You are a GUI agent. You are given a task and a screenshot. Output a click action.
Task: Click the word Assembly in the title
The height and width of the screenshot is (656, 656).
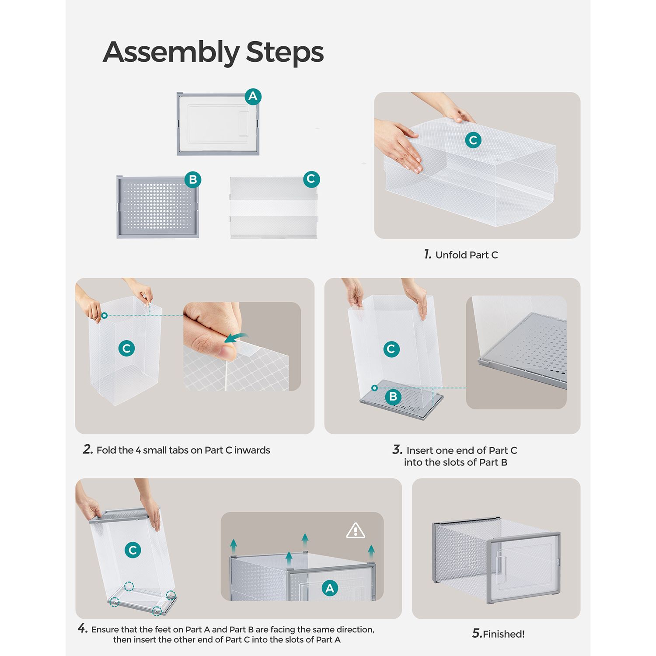coord(171,52)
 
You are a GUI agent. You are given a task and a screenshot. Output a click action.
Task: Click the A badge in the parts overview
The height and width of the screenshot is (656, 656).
coord(253,96)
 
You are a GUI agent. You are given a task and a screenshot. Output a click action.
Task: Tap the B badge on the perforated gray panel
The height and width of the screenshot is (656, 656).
coord(193,179)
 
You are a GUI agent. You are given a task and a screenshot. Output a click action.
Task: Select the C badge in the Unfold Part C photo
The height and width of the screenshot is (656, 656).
coord(473,140)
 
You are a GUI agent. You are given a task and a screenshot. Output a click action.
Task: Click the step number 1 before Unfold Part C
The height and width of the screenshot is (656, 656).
coord(428,254)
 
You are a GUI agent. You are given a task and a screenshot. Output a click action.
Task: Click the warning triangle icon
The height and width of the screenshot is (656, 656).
coord(356,530)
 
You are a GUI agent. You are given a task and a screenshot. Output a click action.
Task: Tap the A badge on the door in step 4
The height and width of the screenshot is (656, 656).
coord(330,588)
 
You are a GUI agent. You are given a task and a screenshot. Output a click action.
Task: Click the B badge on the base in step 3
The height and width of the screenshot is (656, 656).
coord(393,396)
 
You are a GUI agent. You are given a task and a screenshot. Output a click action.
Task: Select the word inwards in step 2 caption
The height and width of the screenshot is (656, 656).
coord(252,450)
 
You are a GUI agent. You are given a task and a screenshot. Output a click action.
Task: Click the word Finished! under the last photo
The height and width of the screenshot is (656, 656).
coord(504,634)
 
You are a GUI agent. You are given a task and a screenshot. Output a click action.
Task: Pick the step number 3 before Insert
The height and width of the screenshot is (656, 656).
coord(397,450)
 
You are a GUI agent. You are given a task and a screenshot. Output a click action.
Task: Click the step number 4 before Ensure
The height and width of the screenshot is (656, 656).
coord(83,629)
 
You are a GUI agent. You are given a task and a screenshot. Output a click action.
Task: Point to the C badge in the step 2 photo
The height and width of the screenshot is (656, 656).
coord(126,348)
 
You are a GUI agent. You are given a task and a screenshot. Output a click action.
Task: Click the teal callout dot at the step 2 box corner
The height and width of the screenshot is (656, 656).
coord(104,315)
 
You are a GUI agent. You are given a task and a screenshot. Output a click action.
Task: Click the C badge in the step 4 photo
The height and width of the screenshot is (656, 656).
coord(133,550)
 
